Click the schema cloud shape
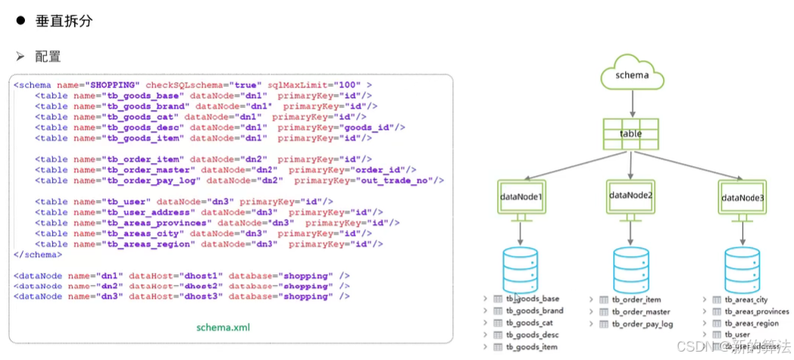631,77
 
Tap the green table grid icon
630,133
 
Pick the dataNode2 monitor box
630,196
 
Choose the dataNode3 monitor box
742,198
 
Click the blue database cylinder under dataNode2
630,266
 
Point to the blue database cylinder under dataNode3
742,267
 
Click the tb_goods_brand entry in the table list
534,311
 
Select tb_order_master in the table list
641,311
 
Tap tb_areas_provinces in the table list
756,311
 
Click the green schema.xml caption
224,328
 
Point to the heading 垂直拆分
64,21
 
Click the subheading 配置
48,57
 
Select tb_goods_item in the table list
533,346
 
